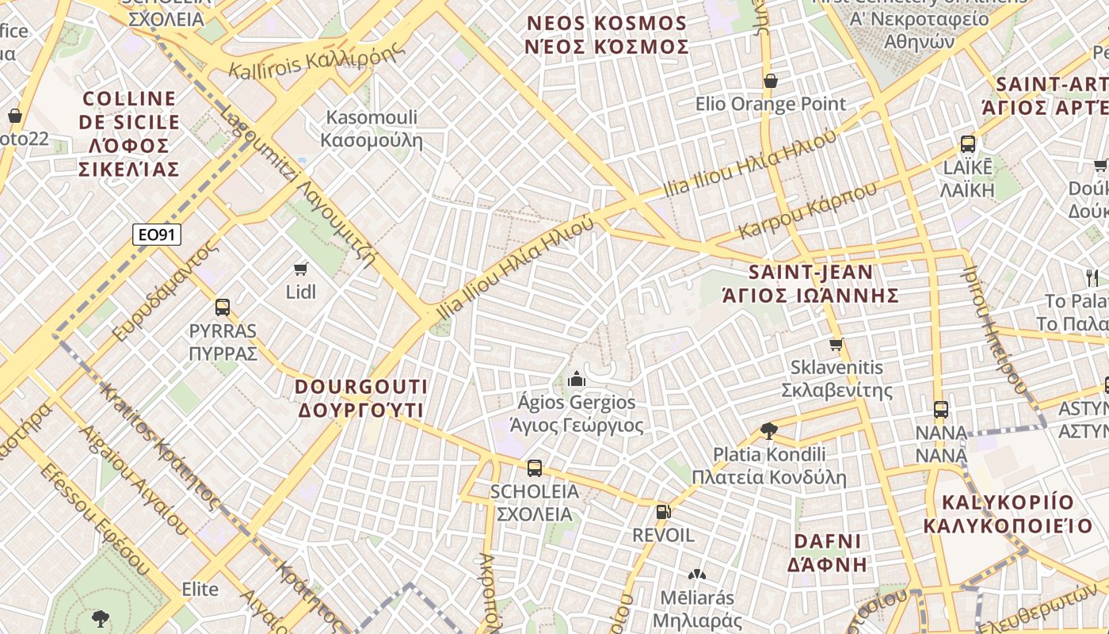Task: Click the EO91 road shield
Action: [x=157, y=234]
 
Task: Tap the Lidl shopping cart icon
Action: [x=300, y=269]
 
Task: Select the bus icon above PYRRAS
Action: [x=223, y=307]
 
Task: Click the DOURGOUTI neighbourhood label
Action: [x=361, y=399]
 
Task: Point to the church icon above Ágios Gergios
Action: [x=576, y=379]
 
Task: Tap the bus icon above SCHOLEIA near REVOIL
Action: [x=535, y=468]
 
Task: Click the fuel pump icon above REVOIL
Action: [x=663, y=512]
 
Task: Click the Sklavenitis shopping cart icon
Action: [x=836, y=344]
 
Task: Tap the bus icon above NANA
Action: [x=941, y=410]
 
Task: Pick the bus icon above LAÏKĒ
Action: [x=967, y=144]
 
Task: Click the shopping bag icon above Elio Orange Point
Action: [x=770, y=81]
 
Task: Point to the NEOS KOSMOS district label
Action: [x=607, y=35]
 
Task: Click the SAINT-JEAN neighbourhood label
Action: [x=811, y=284]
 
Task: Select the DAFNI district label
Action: [x=827, y=552]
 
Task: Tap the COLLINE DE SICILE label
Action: [x=128, y=134]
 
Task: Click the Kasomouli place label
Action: [x=372, y=129]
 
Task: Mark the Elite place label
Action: [x=200, y=589]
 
